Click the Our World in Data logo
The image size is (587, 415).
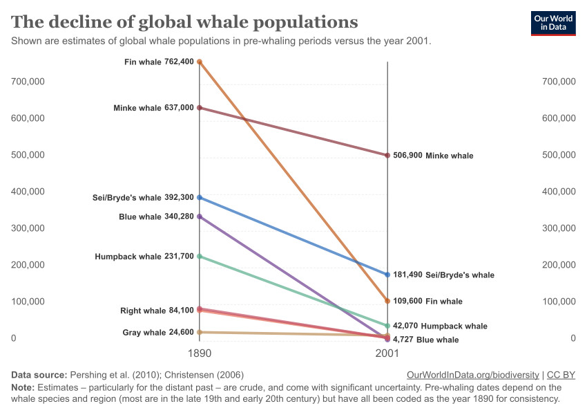(552, 23)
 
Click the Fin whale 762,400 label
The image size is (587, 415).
(159, 62)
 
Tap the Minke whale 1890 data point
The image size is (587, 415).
(200, 108)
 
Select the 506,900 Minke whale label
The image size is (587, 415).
(433, 156)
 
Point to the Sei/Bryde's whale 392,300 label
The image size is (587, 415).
(143, 198)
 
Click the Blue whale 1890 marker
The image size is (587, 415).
(200, 216)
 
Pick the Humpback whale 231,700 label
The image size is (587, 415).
(144, 257)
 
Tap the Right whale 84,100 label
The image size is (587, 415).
(157, 311)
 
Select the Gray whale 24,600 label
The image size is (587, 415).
(158, 333)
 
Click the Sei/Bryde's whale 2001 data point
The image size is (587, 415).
(387, 275)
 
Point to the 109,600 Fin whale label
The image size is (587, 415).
(427, 302)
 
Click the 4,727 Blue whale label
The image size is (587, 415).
(425, 340)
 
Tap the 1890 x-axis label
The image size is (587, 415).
(200, 353)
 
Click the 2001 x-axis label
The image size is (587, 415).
(387, 353)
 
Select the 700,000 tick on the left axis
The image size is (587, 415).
(28, 82)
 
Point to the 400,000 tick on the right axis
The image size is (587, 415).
(559, 192)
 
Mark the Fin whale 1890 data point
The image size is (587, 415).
(200, 62)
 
